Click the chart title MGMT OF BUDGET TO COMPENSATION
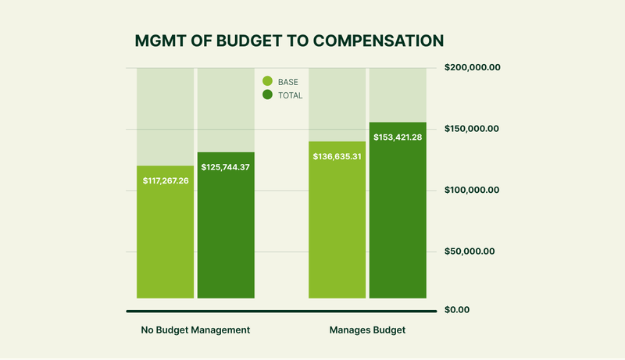289,41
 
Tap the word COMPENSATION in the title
378,41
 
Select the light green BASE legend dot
267,81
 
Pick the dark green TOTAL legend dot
267,94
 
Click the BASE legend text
287,82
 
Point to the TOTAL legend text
290,95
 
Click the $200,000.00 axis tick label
473,67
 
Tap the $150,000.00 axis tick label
472,129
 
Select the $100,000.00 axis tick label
472,190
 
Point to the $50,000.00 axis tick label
470,251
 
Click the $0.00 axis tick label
457,310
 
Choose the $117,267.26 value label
166,181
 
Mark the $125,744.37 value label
225,167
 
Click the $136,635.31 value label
337,156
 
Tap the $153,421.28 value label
398,137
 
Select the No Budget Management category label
195,330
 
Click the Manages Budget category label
367,330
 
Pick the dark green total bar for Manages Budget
398,210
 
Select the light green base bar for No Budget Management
166,232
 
